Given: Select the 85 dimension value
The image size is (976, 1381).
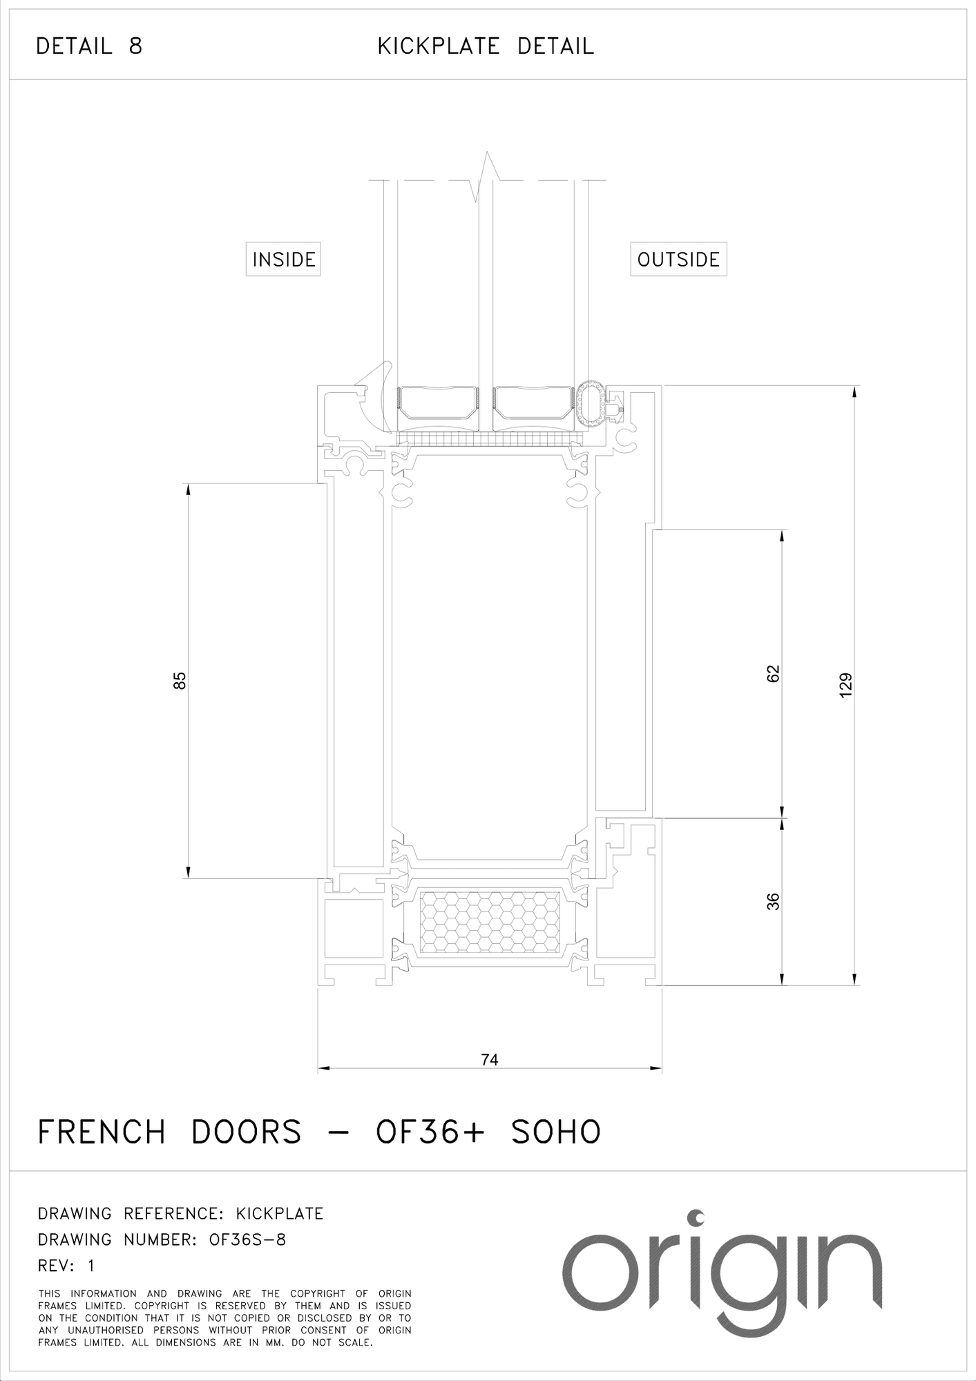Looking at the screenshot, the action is [180, 681].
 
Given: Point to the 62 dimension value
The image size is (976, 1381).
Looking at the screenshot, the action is [773, 673].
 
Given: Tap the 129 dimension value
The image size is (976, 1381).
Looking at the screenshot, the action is [846, 685].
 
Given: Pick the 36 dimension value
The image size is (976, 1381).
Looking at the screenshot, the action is [773, 902].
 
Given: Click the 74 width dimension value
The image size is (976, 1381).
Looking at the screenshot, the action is [489, 1059].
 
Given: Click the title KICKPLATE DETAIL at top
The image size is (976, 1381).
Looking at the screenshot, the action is [486, 46].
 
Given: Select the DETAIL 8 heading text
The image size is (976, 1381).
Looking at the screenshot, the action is [89, 46].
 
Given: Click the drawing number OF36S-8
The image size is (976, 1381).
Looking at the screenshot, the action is [247, 1239].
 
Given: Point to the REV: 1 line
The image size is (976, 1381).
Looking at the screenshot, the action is [66, 1266].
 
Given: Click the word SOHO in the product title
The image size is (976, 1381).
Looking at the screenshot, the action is [556, 1132].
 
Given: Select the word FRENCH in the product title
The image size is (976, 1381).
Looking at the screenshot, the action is [102, 1132].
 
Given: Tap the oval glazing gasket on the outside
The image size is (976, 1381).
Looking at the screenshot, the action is [591, 400].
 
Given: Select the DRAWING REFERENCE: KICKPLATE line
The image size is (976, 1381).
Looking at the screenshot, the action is [181, 1213].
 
